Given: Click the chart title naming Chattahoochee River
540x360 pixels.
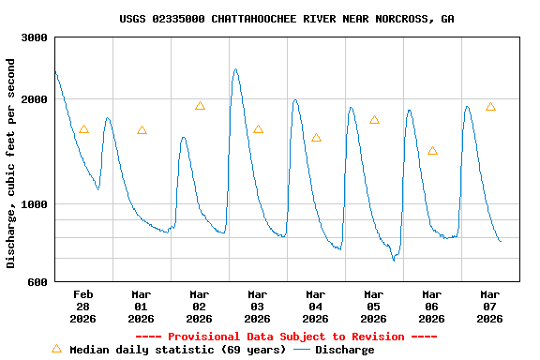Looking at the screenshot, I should click(x=287, y=19).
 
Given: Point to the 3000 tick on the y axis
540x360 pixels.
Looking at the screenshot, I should click(x=36, y=37).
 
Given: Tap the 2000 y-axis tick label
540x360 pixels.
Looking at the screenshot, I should click(x=36, y=100).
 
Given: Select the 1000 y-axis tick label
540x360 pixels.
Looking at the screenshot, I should click(x=36, y=204).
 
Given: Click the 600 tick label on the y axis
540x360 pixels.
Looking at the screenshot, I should click(x=38, y=282).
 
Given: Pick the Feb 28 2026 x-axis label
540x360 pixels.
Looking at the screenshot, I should click(x=83, y=306).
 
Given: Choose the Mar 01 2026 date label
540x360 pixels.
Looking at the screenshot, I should click(x=142, y=306).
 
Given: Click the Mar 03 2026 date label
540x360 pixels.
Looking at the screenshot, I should click(x=258, y=306).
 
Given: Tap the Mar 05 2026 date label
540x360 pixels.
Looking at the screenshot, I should click(x=374, y=306).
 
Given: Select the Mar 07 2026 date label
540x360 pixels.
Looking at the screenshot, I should click(x=490, y=306).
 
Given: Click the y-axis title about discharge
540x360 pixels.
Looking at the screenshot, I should click(x=11, y=163).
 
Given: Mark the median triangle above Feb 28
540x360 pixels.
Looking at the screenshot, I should click(x=83, y=129).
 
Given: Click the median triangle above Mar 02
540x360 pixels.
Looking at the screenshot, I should click(x=200, y=106).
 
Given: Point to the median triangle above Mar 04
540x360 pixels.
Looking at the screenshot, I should click(x=316, y=138).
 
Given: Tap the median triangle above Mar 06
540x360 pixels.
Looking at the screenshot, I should click(x=432, y=151).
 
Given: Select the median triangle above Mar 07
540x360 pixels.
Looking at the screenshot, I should click(x=490, y=107).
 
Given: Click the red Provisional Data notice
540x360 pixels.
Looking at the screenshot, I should click(x=287, y=337).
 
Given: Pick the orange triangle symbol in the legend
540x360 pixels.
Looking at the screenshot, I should click(x=56, y=349).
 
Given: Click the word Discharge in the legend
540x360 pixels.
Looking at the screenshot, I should click(x=344, y=350).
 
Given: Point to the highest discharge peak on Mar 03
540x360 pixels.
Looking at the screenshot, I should click(x=235, y=69).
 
